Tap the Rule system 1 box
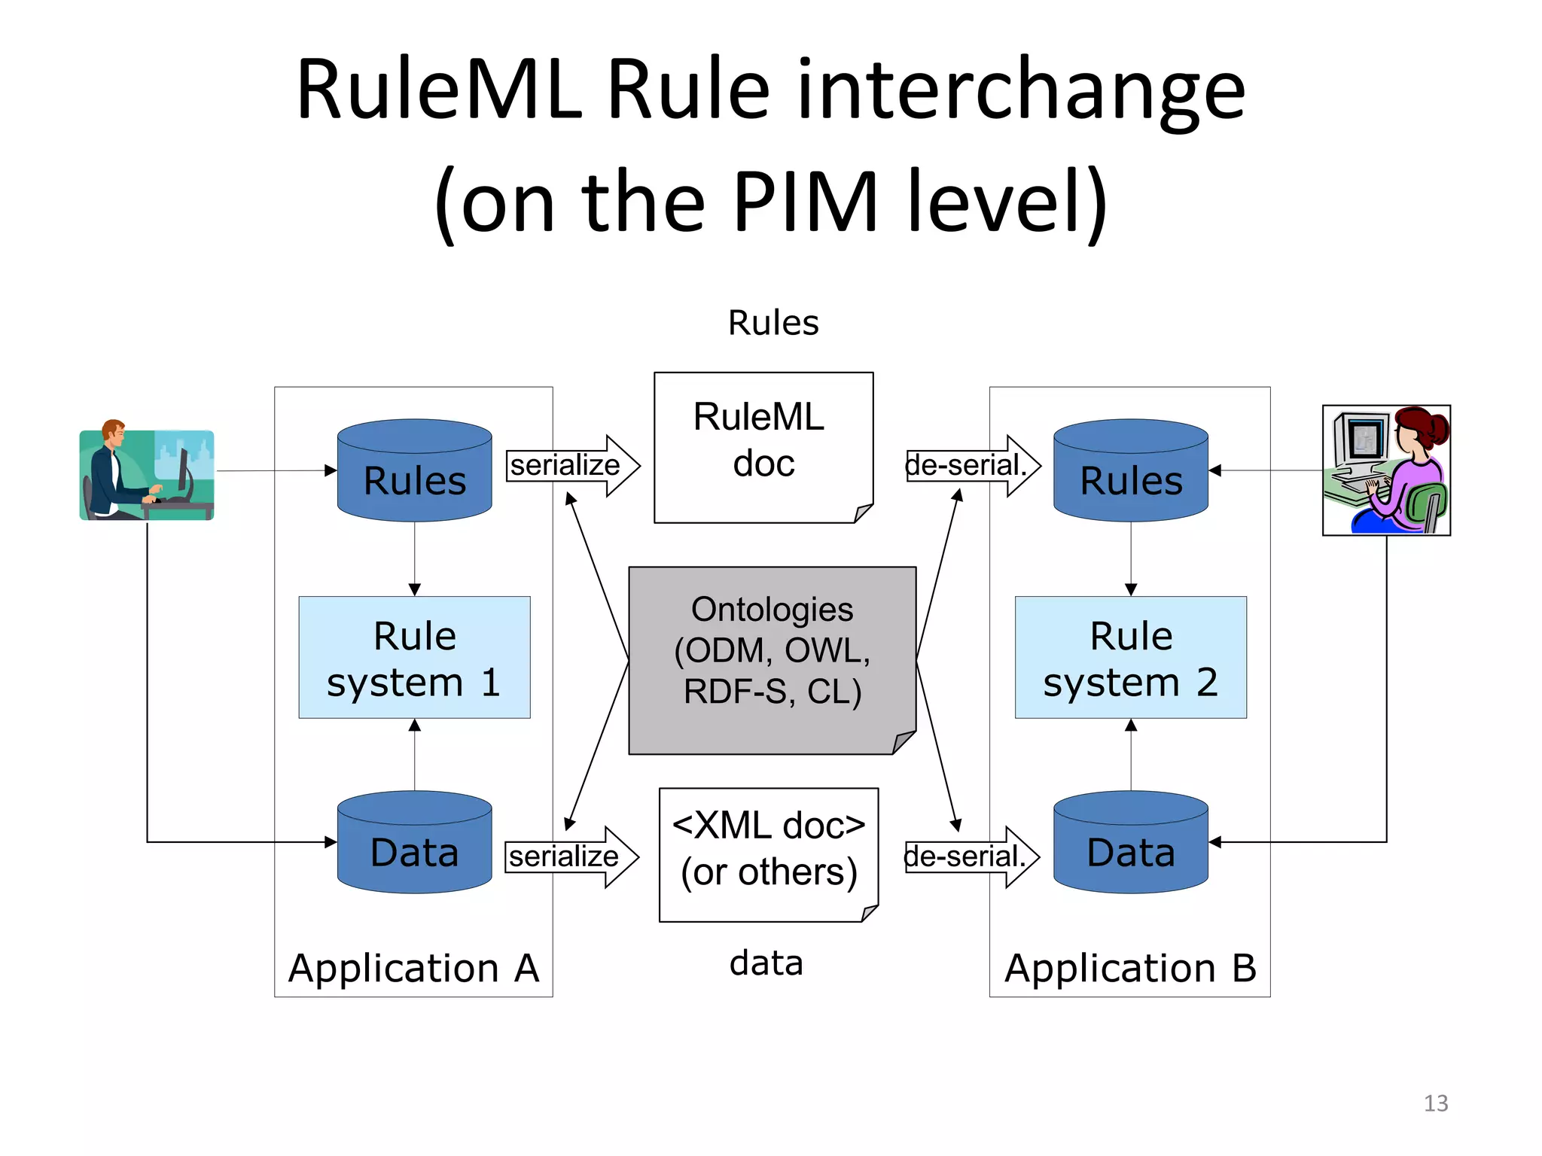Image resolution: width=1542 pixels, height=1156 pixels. point(414,657)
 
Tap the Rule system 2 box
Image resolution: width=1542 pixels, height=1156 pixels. point(1130,657)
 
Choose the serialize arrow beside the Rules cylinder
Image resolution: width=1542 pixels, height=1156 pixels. point(572,465)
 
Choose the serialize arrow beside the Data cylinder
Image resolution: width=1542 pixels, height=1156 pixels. point(571,856)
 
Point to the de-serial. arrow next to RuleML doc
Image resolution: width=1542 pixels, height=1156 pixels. point(972,465)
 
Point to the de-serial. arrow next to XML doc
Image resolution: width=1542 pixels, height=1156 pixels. point(971,856)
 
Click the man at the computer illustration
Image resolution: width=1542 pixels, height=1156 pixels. point(147,474)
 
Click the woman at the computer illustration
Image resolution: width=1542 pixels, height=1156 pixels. point(1386,470)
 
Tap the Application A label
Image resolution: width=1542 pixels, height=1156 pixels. point(413,968)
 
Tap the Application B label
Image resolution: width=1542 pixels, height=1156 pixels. point(1130,968)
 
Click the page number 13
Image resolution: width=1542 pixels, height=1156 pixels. point(1435,1103)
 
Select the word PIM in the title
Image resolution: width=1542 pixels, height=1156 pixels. point(805,202)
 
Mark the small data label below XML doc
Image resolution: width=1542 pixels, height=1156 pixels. point(766,963)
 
